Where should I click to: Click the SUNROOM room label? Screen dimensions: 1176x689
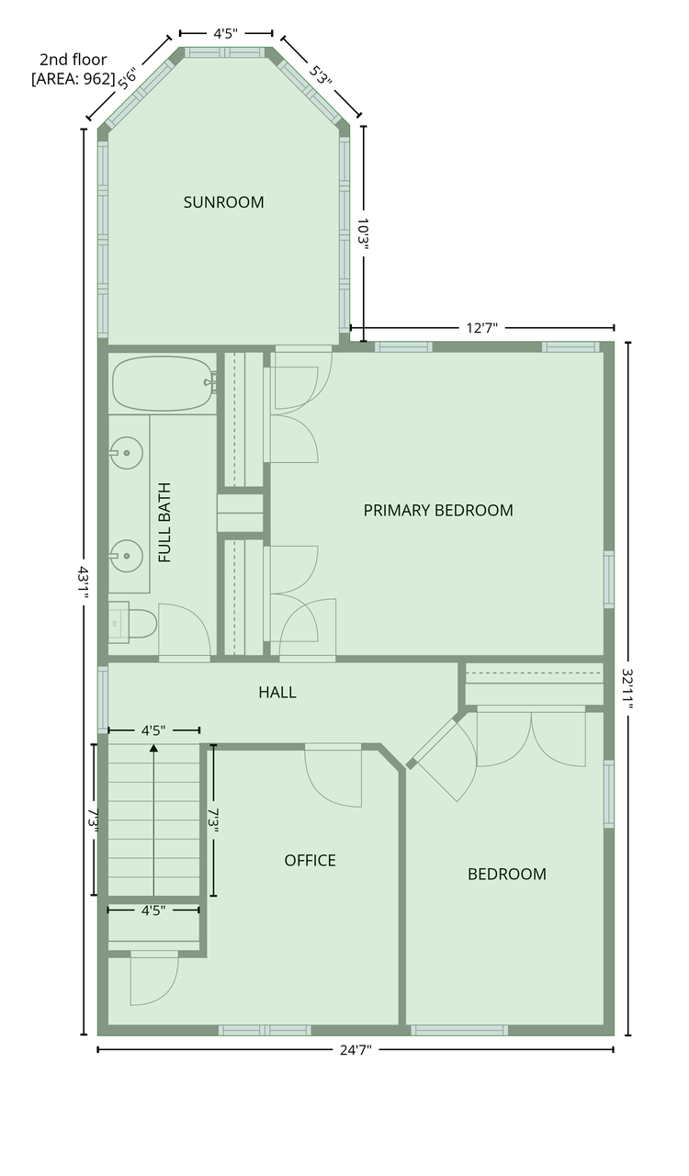(x=223, y=202)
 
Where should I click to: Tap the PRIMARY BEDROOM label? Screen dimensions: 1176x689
(x=437, y=510)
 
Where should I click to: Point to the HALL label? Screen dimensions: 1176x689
(x=277, y=692)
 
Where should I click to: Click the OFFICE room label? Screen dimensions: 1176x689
(x=310, y=860)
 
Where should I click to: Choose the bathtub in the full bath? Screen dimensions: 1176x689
(x=162, y=383)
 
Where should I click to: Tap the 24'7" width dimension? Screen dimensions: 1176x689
(x=355, y=1048)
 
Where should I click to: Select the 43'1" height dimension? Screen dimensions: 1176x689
(x=85, y=582)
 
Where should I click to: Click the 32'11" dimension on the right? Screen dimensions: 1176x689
(x=628, y=688)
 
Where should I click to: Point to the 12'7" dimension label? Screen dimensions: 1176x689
(x=482, y=327)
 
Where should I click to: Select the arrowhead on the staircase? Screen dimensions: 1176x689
(x=153, y=749)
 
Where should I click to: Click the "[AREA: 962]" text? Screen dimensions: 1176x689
(x=73, y=79)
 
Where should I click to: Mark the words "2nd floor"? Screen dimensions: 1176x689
(x=73, y=60)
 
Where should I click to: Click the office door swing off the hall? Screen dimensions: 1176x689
(x=333, y=776)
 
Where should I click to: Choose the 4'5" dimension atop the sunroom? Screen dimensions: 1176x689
(x=225, y=33)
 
